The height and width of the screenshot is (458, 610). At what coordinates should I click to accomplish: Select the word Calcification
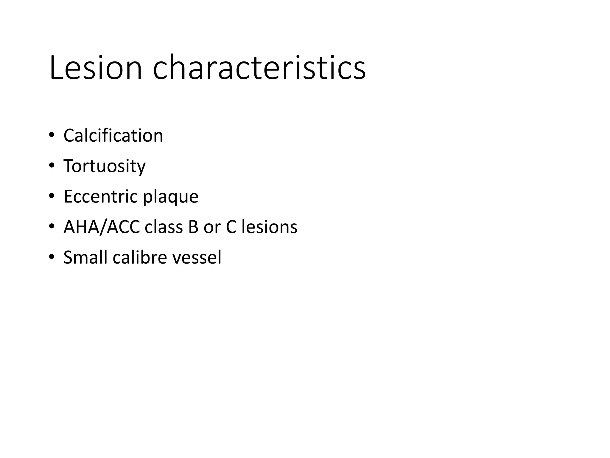[113, 136]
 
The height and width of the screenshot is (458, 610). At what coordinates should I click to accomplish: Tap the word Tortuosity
[105, 166]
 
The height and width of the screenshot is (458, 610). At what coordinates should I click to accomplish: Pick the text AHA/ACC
[102, 227]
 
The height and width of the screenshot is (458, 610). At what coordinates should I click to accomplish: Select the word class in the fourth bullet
[164, 227]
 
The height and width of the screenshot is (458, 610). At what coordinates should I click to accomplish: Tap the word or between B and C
[212, 227]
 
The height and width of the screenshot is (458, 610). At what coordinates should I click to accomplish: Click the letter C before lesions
[231, 227]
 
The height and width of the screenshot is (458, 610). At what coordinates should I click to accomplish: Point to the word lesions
[269, 227]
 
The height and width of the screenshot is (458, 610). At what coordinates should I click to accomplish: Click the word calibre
[140, 257]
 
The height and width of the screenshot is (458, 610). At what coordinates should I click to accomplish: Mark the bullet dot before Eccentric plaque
[52, 196]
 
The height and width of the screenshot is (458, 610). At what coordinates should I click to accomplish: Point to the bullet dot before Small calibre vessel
[52, 256]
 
